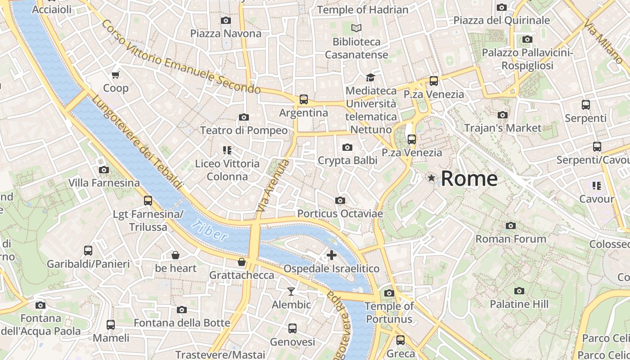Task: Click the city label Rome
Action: [x=469, y=179]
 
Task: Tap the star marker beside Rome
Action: [x=432, y=178]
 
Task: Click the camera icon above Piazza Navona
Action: [x=226, y=20]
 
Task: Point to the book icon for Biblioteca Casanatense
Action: [x=356, y=28]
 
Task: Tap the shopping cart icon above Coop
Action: [x=116, y=75]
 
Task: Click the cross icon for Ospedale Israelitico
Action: [x=332, y=255]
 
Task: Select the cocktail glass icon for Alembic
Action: [x=291, y=292]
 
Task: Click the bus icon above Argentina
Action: [x=304, y=99]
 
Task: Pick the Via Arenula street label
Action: [x=272, y=186]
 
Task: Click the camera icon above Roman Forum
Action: [x=510, y=225]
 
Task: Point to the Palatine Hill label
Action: [x=519, y=304]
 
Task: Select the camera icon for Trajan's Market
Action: [x=503, y=115]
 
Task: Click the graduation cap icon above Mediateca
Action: [x=370, y=77]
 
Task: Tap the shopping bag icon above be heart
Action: [x=175, y=255]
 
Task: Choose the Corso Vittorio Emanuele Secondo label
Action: [x=180, y=57]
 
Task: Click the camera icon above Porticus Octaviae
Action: [x=340, y=200]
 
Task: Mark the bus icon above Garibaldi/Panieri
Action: [x=88, y=251]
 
